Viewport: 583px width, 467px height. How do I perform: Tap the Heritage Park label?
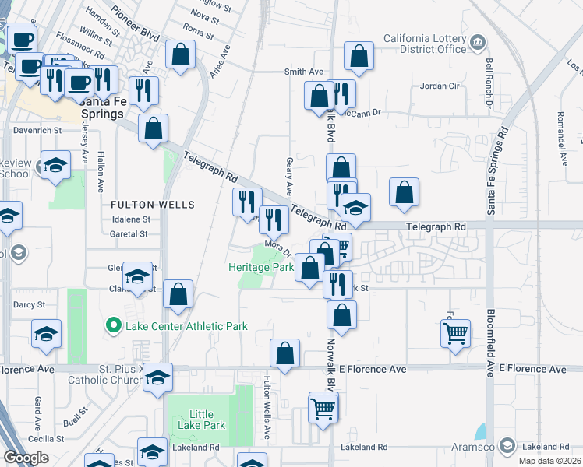(260, 267)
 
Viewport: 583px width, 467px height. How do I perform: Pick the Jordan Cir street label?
(442, 86)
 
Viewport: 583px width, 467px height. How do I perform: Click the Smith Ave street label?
(304, 72)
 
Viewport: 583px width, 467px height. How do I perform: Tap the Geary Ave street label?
(289, 178)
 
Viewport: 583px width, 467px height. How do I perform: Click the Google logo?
(26, 458)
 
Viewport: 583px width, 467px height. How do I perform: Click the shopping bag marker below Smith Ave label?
(320, 97)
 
